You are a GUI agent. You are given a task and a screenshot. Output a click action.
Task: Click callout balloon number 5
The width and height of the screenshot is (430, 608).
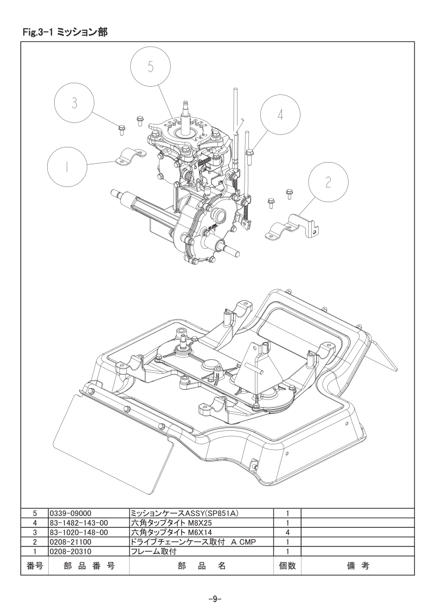pos(150,67)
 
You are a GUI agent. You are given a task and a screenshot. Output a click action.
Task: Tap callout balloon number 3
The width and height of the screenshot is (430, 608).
pos(74,103)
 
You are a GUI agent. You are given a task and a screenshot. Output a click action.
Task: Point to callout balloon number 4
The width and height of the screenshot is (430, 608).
pos(280,115)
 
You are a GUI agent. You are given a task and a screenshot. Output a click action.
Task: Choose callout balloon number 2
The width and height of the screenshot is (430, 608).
pos(328,182)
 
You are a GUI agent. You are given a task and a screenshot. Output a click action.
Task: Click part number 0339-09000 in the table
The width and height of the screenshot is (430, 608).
pos(70,513)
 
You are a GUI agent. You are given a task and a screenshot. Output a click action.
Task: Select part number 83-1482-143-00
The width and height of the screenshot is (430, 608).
pos(79,523)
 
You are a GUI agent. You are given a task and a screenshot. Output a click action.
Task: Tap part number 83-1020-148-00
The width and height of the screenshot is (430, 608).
pos(79,532)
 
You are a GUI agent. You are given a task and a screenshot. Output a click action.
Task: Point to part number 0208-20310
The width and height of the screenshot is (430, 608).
pos(70,551)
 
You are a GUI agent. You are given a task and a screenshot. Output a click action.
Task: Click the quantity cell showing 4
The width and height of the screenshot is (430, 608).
pos(287,532)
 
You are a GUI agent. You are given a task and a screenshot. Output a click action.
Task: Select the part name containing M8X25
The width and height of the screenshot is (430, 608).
pos(171,523)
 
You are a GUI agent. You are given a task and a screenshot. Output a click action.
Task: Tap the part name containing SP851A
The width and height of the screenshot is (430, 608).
pos(184,513)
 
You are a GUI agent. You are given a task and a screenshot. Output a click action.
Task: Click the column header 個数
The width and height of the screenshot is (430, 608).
pos(287,566)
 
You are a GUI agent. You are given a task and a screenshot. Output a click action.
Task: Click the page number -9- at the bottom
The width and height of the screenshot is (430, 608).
pos(215,598)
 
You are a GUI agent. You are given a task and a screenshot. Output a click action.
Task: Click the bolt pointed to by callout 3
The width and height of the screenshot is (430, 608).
pos(121,129)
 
